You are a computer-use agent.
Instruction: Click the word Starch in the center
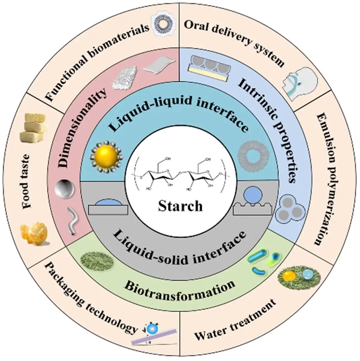(x=181, y=207)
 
